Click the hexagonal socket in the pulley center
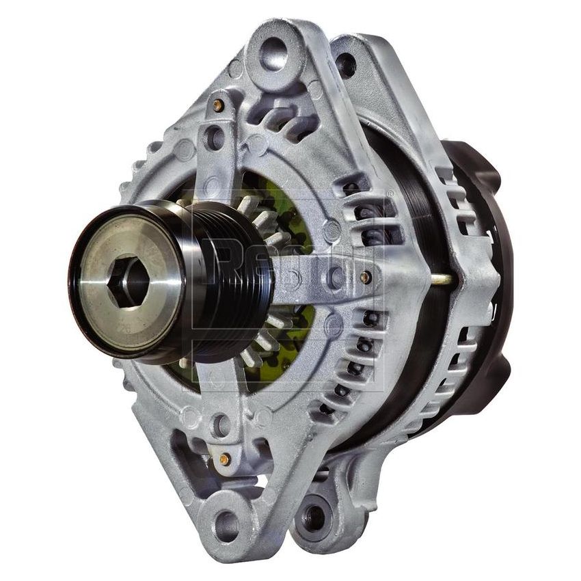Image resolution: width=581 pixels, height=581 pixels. tap(128, 280)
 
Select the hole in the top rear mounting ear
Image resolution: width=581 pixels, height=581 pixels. tap(346, 65)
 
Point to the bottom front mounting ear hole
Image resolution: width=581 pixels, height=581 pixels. tap(227, 526)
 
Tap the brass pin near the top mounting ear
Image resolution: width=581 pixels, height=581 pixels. tap(217, 105)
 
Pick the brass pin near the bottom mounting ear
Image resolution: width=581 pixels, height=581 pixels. tap(224, 459)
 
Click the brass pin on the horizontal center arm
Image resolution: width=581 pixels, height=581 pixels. tap(366, 278)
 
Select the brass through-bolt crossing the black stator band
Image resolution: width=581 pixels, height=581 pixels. tap(441, 279)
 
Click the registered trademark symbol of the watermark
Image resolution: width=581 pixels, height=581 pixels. tap(390, 194)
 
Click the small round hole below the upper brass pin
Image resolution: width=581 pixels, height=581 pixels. tap(215, 137)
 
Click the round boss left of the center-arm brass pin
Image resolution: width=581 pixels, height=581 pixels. tap(336, 277)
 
